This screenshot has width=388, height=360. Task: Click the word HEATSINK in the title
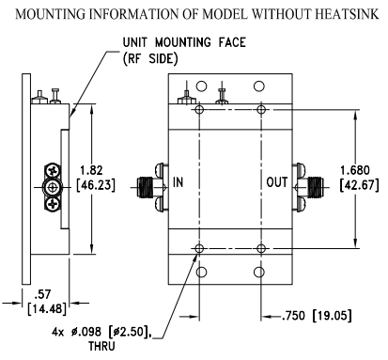coord(347,14)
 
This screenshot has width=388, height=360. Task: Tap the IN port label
coord(178,182)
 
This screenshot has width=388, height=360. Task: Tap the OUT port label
coord(277,182)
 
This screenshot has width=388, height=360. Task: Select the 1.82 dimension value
coord(91,170)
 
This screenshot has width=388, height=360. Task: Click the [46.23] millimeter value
coord(96,185)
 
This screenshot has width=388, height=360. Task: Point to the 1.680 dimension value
coord(355,170)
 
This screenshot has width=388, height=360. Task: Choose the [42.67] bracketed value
coord(359,185)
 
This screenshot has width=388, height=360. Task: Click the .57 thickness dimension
coord(42,294)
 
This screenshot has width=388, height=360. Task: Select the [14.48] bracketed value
coord(47,309)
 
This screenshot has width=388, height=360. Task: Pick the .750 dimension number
coord(293,316)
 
